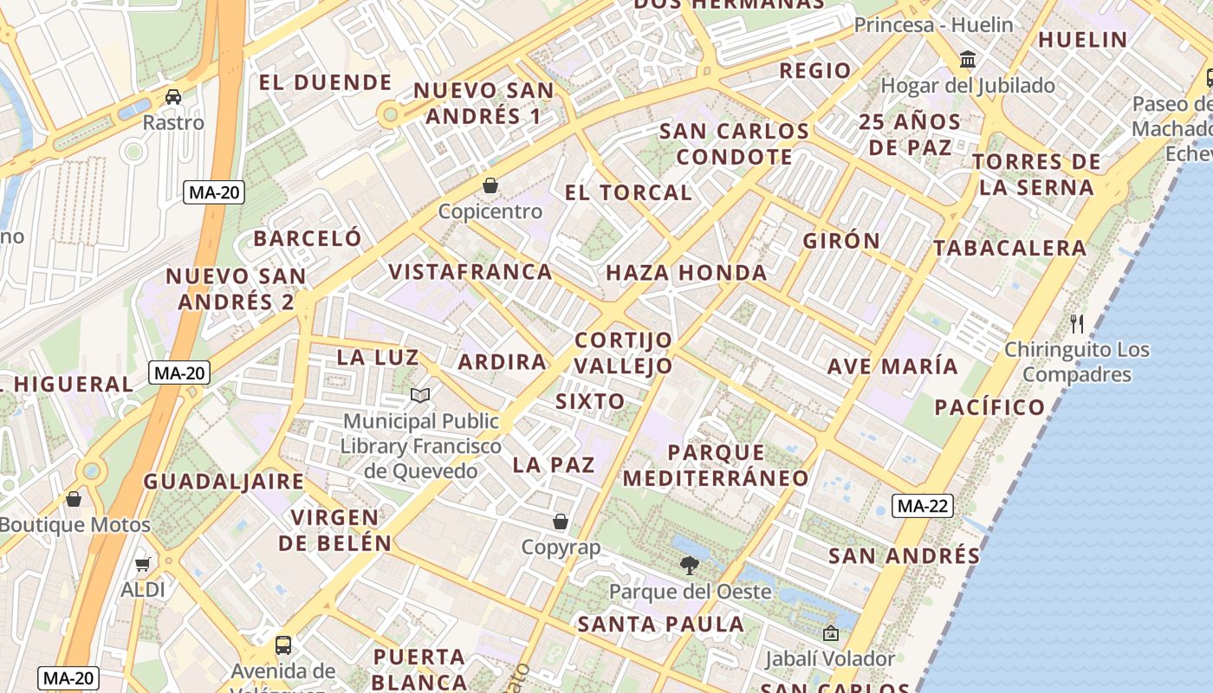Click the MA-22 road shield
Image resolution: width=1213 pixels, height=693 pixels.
tap(923, 506)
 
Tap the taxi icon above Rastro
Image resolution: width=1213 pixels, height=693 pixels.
tap(173, 96)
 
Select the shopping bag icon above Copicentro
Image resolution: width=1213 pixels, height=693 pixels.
tap(490, 185)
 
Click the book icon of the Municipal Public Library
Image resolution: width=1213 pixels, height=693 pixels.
tap(420, 396)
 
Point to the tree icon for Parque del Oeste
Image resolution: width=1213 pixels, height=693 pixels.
tap(690, 566)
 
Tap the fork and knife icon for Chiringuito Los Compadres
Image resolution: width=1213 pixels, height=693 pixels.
tap(1077, 324)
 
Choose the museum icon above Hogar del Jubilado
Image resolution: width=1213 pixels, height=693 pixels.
tap(968, 60)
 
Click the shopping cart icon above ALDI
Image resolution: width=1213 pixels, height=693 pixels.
tap(143, 564)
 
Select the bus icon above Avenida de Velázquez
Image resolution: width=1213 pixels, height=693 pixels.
tap(283, 645)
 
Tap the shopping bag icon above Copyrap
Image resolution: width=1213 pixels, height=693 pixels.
tap(561, 521)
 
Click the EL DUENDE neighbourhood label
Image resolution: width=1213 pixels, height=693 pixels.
tap(326, 83)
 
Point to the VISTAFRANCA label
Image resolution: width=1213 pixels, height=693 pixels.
tap(470, 272)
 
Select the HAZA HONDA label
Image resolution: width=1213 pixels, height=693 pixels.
tap(686, 274)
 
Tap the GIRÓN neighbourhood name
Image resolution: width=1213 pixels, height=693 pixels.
tap(840, 241)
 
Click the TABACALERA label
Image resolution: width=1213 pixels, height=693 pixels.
tap(1009, 249)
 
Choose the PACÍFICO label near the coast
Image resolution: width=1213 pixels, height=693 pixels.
tap(989, 407)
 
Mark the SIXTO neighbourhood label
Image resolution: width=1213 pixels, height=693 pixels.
tap(589, 401)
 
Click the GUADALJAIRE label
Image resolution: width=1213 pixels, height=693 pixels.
tap(224, 482)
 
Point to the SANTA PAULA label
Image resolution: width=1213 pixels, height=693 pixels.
tap(660, 624)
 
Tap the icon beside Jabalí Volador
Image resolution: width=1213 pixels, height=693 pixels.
tap(831, 634)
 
